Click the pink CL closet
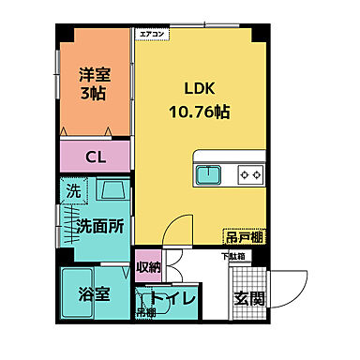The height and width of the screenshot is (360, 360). pos(96,157)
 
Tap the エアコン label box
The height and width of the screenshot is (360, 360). pos(153,34)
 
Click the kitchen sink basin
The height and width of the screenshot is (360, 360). pos(207,174)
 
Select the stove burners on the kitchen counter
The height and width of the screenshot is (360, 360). pos(250,174)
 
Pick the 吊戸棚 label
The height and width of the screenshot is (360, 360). pos(242,237)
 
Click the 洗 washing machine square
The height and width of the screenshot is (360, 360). pos(74,191)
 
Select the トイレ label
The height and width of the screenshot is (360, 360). pos(173,299)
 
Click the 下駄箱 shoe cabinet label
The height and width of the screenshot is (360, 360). pos(232,255)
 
